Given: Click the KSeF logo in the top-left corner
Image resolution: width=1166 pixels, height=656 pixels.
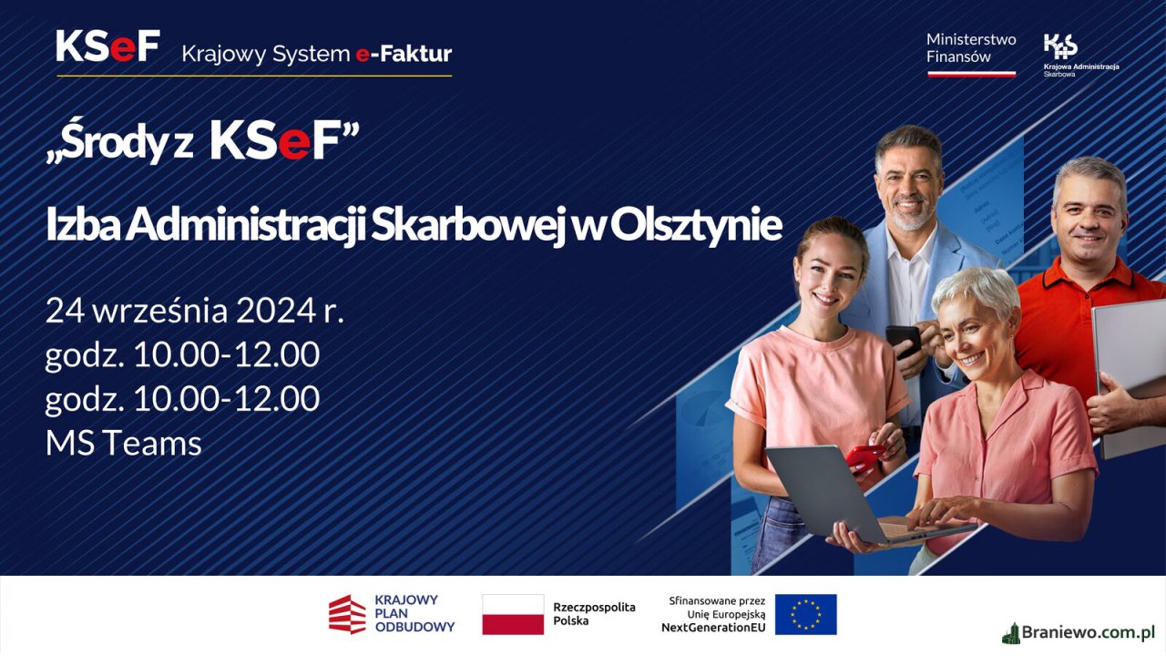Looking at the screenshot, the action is [x=107, y=46].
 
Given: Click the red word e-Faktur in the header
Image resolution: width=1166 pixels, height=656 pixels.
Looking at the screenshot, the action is [x=404, y=54].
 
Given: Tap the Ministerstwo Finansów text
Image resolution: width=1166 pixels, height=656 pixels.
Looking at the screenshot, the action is [x=971, y=48].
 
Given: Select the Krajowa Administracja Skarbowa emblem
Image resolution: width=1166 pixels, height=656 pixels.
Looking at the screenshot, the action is [x=1060, y=46].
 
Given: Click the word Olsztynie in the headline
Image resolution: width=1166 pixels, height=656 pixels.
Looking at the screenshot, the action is [x=696, y=225].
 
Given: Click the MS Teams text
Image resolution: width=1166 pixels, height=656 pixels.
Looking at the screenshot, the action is [x=123, y=444].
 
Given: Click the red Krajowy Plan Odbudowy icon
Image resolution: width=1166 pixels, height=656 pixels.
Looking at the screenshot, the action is [x=347, y=614].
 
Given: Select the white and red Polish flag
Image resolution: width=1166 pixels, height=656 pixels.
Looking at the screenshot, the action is [x=513, y=614].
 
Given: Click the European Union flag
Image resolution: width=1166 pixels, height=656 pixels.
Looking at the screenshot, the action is [x=806, y=614].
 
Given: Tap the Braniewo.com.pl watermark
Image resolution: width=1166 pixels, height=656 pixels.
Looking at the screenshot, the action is [x=1078, y=632].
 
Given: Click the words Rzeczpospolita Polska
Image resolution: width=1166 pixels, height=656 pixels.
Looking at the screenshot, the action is [x=594, y=614].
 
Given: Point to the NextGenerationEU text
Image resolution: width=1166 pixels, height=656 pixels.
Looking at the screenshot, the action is [x=713, y=628].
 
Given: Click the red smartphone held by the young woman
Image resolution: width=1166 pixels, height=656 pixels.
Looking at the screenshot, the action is [x=864, y=457].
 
